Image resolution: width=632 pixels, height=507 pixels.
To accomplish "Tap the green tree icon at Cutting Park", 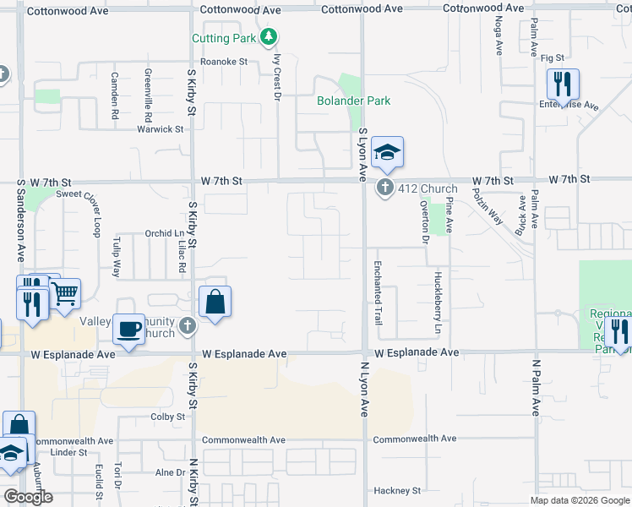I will click(x=269, y=36).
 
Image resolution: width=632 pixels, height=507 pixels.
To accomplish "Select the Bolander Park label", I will click(x=353, y=101).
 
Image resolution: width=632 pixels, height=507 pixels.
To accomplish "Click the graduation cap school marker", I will click(x=387, y=153).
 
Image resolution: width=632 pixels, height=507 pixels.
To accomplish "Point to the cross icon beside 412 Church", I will click(x=385, y=188).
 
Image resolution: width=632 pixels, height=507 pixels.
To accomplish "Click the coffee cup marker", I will click(x=129, y=328).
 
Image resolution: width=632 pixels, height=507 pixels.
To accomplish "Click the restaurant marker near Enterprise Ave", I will click(x=562, y=84).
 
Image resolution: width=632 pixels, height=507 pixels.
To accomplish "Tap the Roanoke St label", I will click(x=223, y=62).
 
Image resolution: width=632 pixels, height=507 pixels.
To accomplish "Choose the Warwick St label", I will click(x=161, y=129).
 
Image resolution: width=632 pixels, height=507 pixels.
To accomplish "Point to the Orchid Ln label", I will click(x=164, y=233).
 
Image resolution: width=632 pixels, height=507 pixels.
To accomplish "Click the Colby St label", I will click(x=167, y=417).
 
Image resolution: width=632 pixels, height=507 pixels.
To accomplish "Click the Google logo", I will click(x=28, y=497).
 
